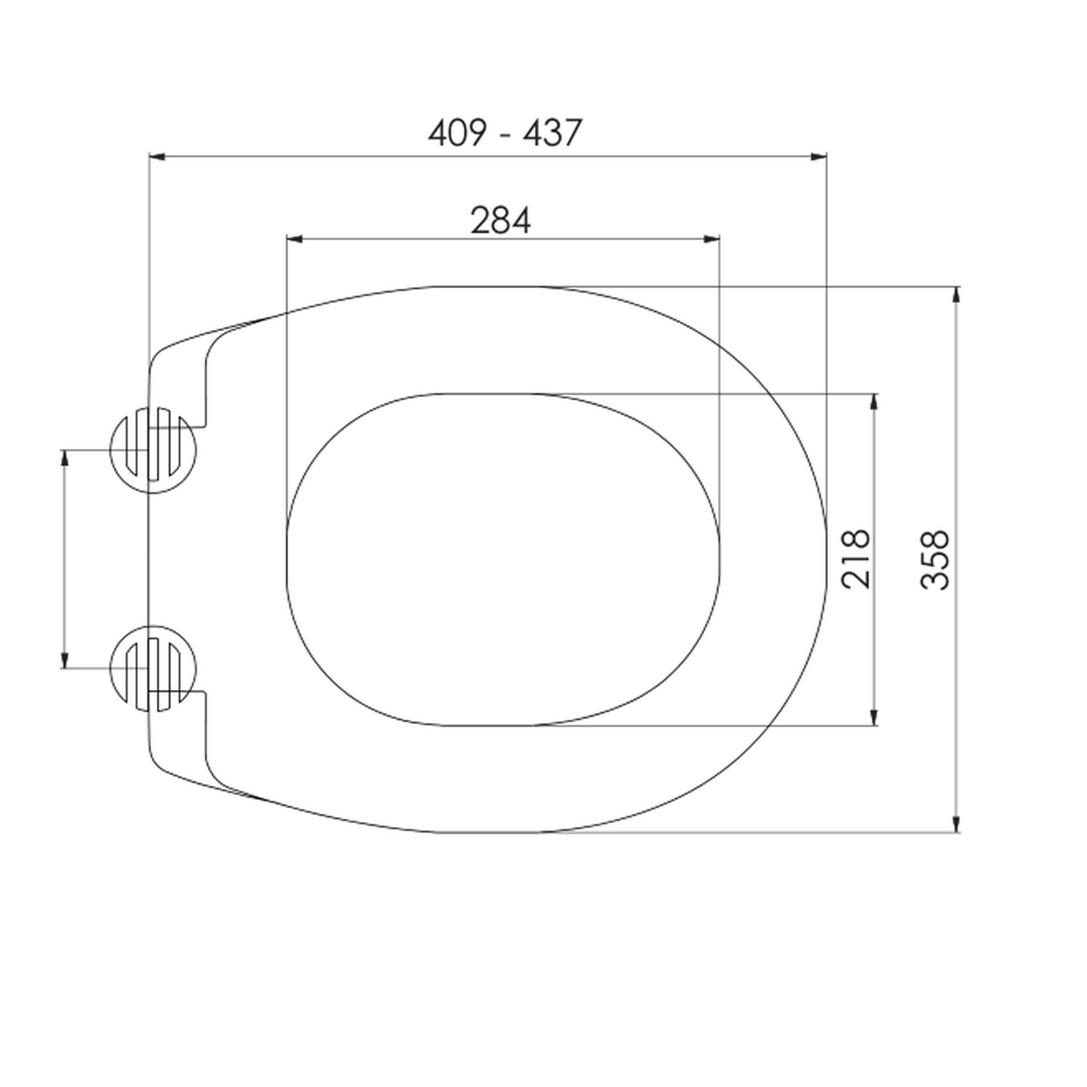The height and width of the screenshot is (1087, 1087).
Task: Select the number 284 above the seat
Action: point(500,221)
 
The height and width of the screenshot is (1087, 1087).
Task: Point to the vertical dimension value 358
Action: point(934,560)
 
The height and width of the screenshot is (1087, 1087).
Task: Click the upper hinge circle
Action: point(110,450)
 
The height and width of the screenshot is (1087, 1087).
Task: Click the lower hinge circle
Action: point(110,669)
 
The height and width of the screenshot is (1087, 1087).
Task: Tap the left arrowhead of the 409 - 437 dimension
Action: point(157,157)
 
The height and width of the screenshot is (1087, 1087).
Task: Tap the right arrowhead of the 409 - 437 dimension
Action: point(819,157)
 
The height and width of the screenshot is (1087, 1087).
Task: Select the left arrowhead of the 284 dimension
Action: point(295,239)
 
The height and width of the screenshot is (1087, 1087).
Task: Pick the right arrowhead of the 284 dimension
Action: point(712,239)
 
